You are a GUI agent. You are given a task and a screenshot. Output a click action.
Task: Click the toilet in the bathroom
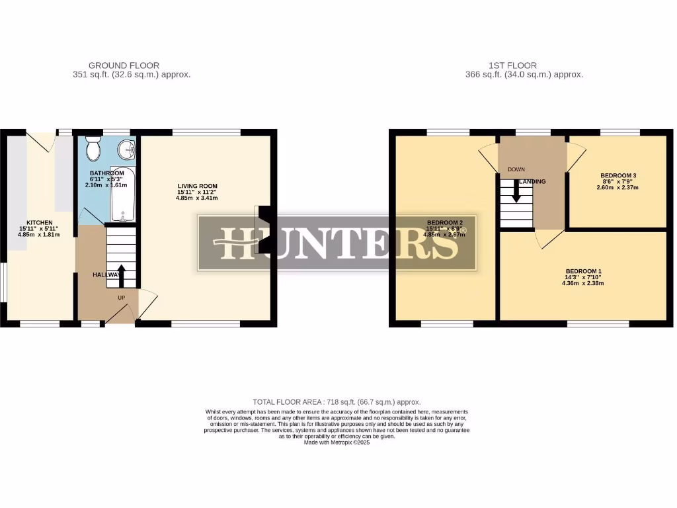click(x=93, y=150)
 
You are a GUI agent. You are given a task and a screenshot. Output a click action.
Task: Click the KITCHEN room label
click(x=40, y=222)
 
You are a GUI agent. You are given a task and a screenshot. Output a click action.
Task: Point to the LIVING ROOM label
click(x=197, y=186)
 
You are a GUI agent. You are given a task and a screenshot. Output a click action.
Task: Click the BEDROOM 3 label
click(x=618, y=175)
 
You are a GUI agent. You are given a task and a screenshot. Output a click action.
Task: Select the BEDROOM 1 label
click(x=584, y=271)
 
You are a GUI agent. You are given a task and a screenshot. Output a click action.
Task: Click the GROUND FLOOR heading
click(x=124, y=65)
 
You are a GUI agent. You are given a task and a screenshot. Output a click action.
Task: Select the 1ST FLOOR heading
click(x=512, y=65)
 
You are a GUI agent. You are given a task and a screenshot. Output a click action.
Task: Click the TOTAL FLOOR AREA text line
click(x=337, y=402)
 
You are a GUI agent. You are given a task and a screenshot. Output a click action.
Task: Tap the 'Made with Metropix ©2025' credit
click(x=337, y=443)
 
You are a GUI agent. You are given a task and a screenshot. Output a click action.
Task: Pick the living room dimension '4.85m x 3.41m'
click(x=197, y=198)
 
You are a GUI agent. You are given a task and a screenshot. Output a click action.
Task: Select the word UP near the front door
click(x=122, y=298)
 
